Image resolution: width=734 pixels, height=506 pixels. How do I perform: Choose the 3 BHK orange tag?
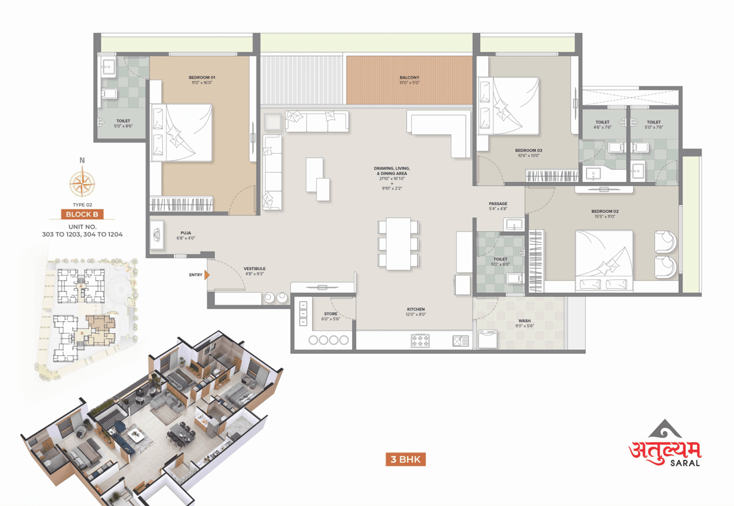(x=406, y=459)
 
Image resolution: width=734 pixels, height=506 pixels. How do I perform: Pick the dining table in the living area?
(x=398, y=244)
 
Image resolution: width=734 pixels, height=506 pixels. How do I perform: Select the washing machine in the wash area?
(x=488, y=339)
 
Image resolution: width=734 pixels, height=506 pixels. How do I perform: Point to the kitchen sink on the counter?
(x=461, y=340)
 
